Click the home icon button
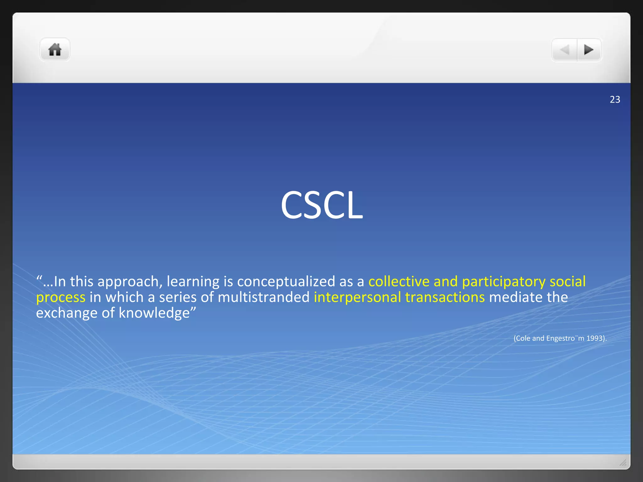click(x=55, y=50)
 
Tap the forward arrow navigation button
click(x=589, y=50)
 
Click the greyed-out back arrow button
click(x=565, y=50)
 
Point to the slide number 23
click(x=615, y=99)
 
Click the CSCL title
click(x=321, y=205)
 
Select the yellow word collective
click(x=399, y=281)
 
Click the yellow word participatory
click(x=504, y=282)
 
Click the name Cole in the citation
click(x=523, y=338)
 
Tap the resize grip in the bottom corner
click(x=623, y=462)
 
